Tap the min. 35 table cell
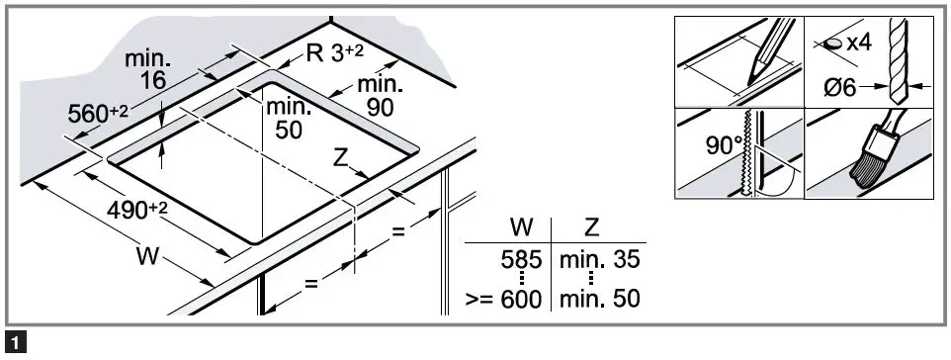[x=598, y=261]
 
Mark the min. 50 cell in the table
[x=598, y=298]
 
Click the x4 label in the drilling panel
[x=852, y=44]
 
